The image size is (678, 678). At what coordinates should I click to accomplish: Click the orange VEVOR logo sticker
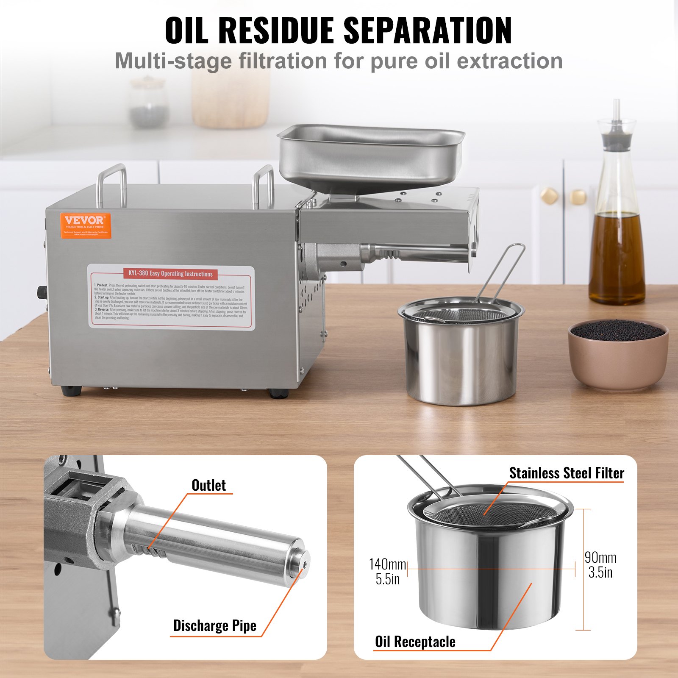(x=85, y=225)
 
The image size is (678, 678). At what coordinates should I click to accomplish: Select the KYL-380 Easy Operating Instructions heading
(x=170, y=274)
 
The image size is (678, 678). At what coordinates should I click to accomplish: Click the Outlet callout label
(x=208, y=485)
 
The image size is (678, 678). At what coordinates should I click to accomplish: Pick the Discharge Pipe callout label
(x=215, y=625)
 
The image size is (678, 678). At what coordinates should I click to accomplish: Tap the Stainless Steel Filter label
(x=567, y=473)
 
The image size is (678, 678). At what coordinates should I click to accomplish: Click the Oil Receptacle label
(x=415, y=642)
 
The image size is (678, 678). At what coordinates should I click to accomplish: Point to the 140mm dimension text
(x=387, y=564)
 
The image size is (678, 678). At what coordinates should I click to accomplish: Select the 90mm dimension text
(x=600, y=557)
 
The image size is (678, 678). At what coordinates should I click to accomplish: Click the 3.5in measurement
(x=600, y=572)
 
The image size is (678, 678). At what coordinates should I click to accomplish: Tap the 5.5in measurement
(x=387, y=579)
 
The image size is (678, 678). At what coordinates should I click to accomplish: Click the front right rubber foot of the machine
(x=278, y=394)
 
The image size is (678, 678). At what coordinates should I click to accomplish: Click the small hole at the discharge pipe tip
(x=305, y=564)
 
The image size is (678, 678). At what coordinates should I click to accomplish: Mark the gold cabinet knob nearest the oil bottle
(x=578, y=196)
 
